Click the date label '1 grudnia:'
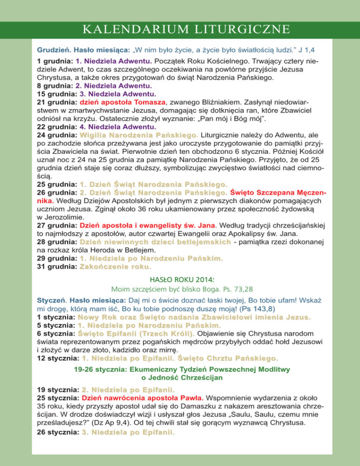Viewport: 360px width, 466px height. (54, 61)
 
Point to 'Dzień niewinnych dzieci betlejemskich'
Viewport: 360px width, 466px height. (155, 242)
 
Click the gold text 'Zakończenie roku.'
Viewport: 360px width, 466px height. (115, 267)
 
